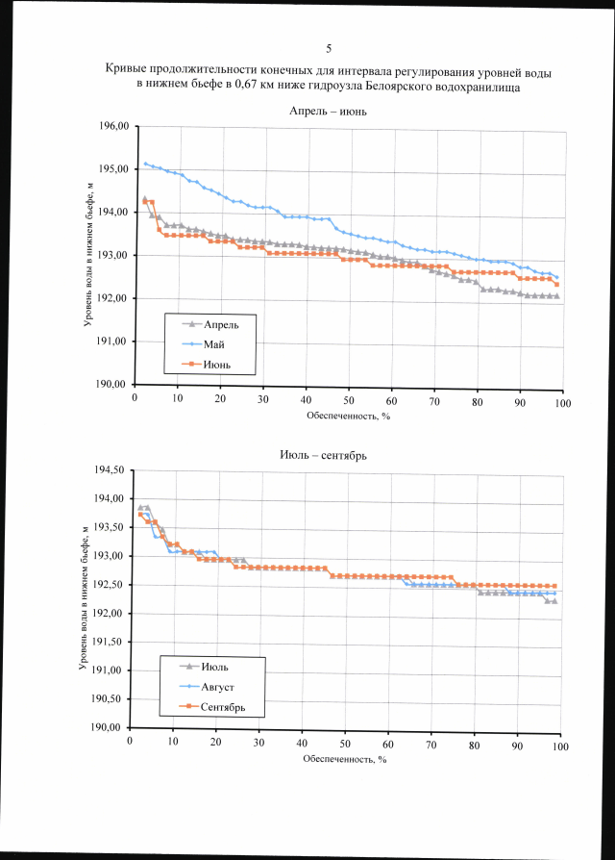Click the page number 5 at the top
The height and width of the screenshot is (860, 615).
coord(329,48)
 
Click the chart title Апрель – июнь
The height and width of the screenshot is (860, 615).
coord(329,112)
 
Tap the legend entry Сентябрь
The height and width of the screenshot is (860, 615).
coord(226,707)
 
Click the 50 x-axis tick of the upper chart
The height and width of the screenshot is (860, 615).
coord(349,400)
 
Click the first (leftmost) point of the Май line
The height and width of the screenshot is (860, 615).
coord(145,164)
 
